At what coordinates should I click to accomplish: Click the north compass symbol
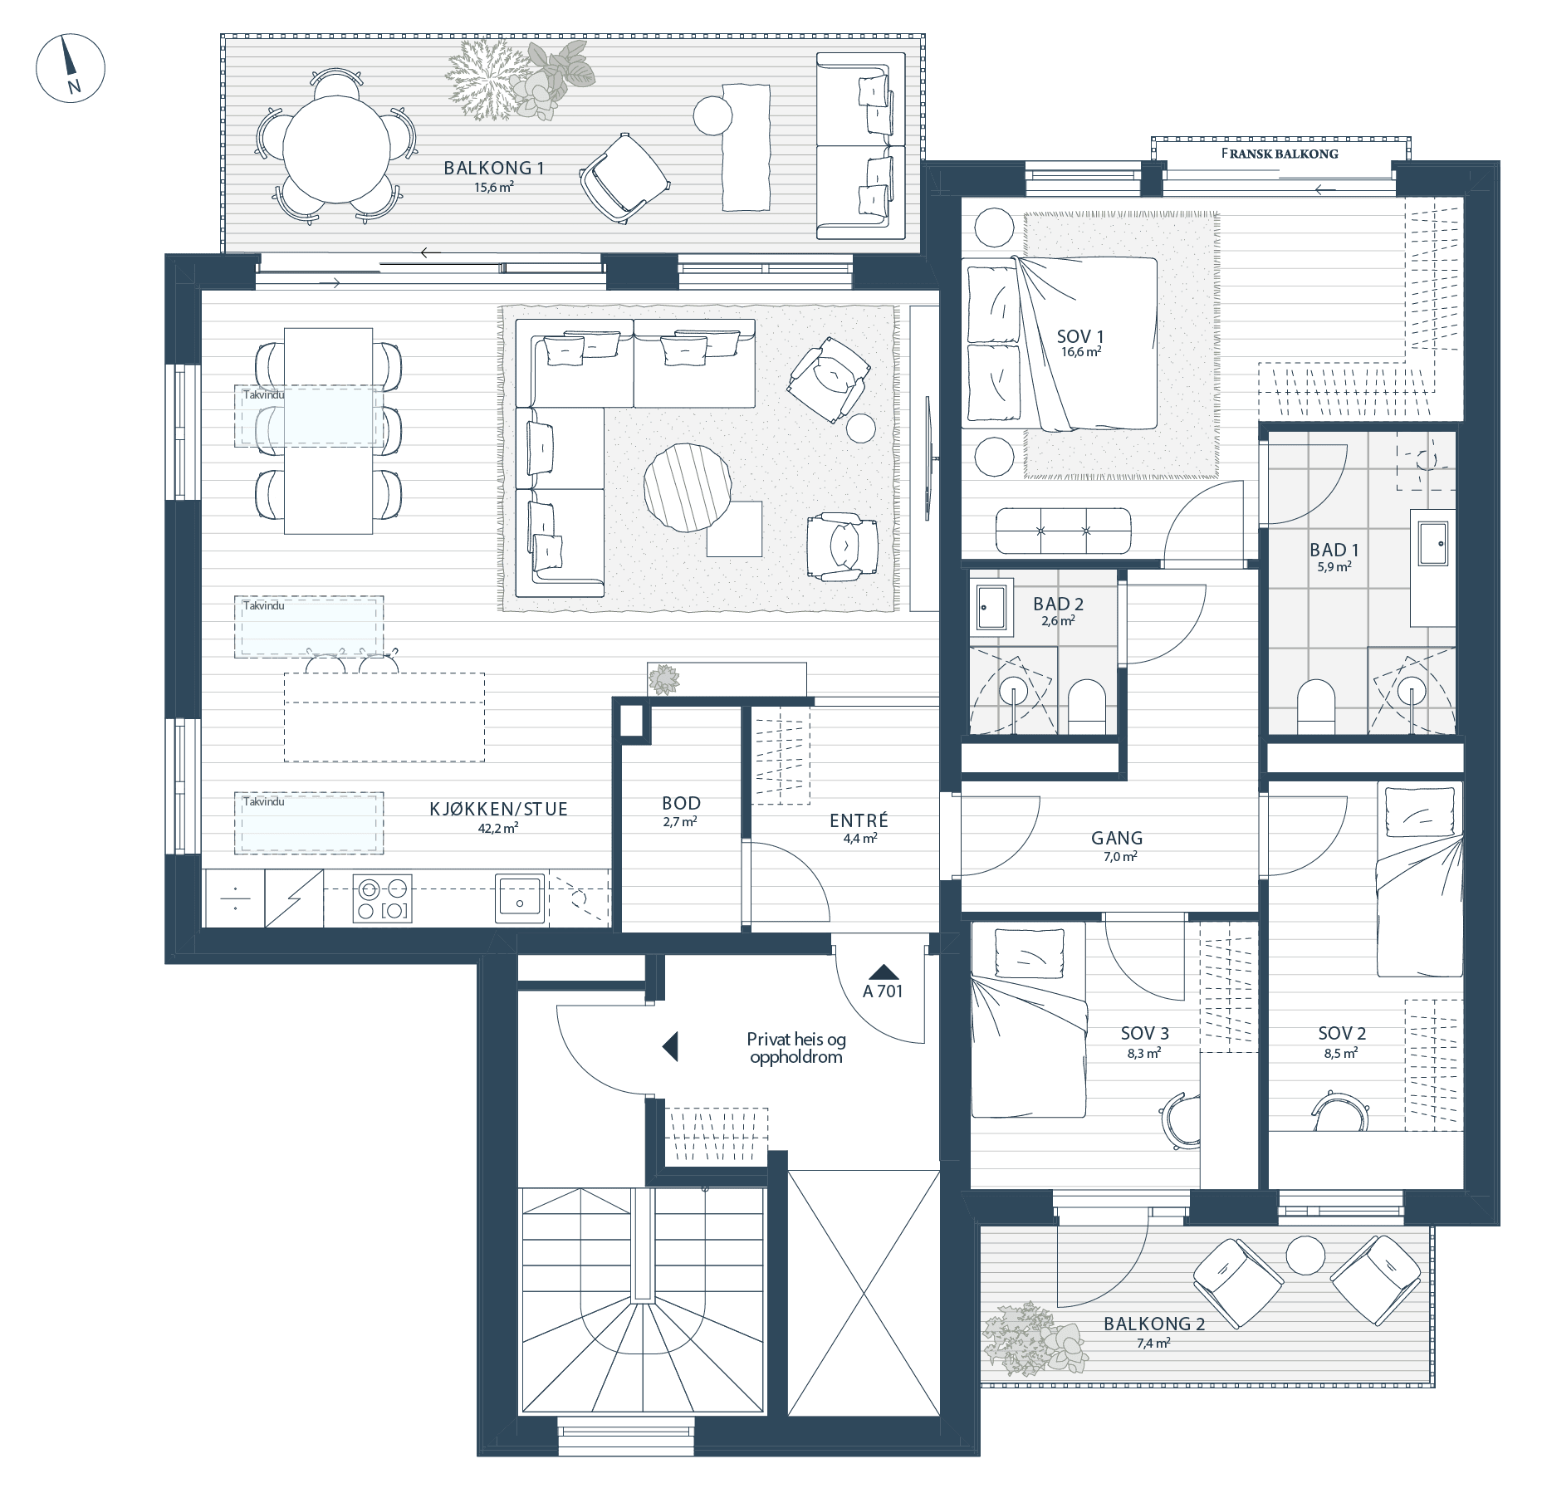point(71,68)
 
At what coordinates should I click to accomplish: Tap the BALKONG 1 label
point(494,168)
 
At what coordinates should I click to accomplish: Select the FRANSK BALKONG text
point(1280,154)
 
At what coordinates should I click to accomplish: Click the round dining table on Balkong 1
point(336,149)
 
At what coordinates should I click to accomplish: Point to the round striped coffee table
point(688,487)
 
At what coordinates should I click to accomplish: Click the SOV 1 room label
point(1080,336)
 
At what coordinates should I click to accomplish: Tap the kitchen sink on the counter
point(520,898)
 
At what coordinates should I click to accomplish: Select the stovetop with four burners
point(383,898)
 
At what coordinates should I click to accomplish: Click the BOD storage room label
point(681,803)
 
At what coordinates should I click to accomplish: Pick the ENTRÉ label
point(859,820)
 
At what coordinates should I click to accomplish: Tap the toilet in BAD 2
point(1087,707)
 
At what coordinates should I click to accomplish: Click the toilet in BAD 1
point(1315,707)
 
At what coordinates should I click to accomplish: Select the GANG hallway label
point(1117,838)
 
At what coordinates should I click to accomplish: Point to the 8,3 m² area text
point(1143,1053)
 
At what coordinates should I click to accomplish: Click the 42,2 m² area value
point(498,828)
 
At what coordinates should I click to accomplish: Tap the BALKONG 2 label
point(1153,1324)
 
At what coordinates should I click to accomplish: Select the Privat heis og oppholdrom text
point(795,1048)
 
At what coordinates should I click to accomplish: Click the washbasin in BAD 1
point(1433,543)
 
